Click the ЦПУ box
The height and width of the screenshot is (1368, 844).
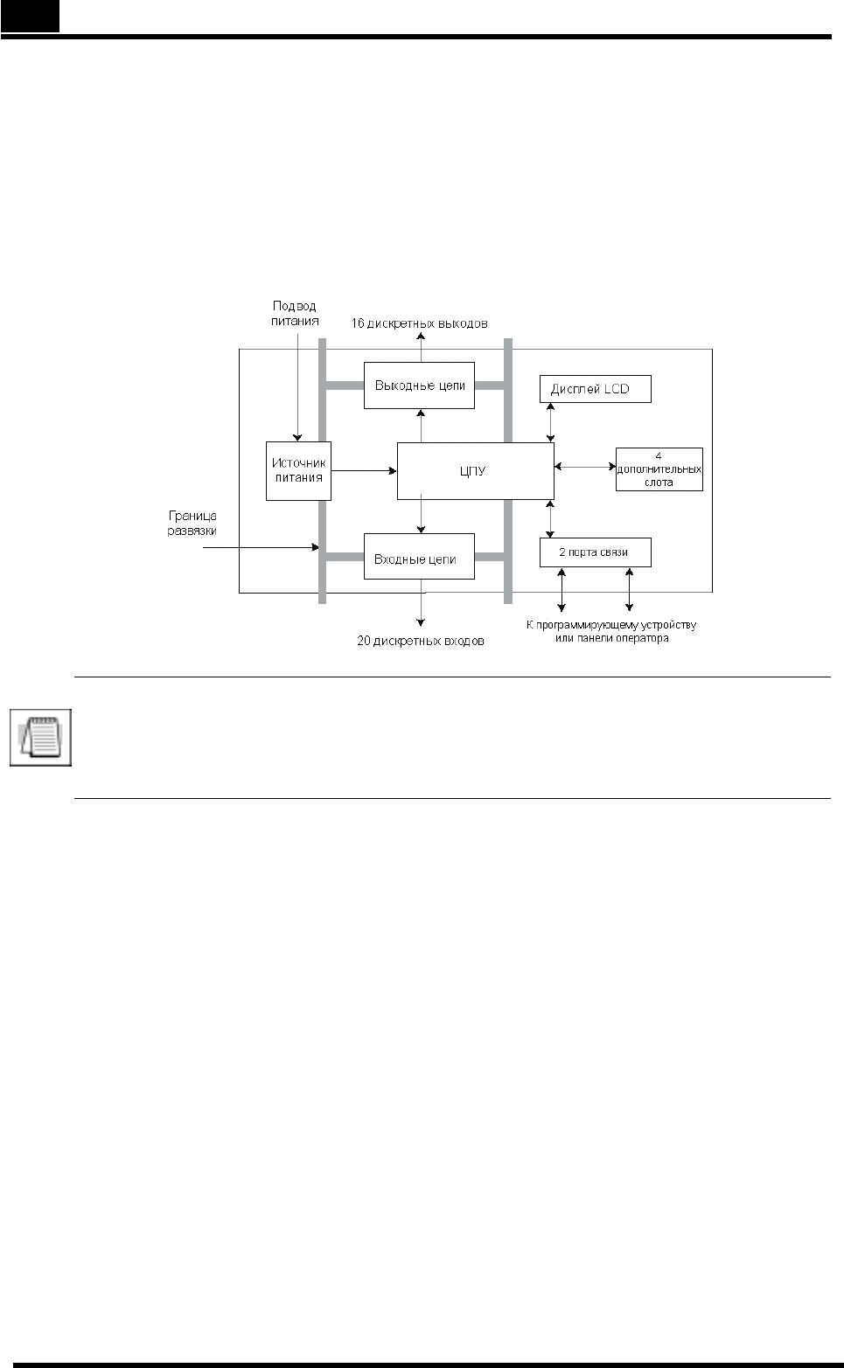coord(476,471)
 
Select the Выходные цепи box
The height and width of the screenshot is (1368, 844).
coord(419,385)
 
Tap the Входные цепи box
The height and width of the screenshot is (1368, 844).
coord(419,556)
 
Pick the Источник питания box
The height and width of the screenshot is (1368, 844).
coord(299,471)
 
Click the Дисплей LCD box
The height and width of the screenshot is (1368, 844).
coord(596,389)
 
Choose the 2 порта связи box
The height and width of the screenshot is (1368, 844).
coord(596,552)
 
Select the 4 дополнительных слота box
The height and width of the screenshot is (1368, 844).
coord(659,469)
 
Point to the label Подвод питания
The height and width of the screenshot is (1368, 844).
coord(295,313)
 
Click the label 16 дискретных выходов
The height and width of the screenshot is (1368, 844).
coord(419,323)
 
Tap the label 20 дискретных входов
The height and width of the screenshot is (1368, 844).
coord(421,641)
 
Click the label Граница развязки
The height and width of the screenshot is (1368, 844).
coord(192,524)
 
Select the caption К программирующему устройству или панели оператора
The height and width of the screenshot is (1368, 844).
coord(611,631)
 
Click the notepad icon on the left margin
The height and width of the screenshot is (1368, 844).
coord(40,737)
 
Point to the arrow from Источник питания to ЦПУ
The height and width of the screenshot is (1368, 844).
coord(364,471)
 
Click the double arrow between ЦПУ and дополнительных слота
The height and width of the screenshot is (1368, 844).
coord(585,467)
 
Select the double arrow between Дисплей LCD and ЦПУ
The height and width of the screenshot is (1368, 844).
coord(551,422)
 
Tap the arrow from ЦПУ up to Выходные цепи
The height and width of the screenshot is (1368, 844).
coord(421,426)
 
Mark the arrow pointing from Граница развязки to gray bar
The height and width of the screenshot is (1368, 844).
coord(261,547)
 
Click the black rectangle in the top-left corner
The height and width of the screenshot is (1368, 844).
coord(30,16)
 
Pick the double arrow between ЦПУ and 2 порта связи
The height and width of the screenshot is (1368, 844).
coord(551,519)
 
